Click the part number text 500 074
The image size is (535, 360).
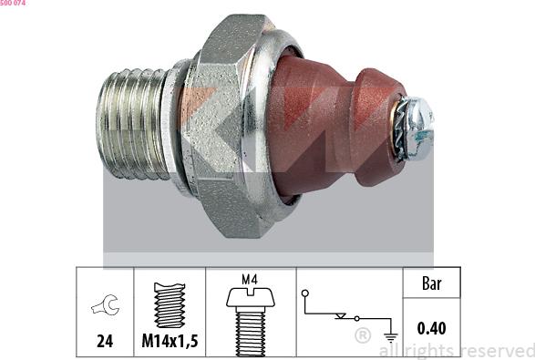[x=13, y=3]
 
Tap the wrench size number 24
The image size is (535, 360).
[x=105, y=341]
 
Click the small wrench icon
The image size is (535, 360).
[x=106, y=304]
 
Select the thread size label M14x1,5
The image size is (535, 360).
[x=170, y=341]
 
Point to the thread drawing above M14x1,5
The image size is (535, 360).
[x=170, y=305]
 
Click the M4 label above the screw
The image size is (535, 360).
[x=250, y=280]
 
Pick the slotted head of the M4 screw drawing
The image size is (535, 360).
[x=251, y=297]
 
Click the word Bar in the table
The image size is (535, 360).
[x=432, y=283]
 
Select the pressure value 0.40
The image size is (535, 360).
[x=431, y=328]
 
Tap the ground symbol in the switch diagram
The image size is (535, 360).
[x=391, y=337]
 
